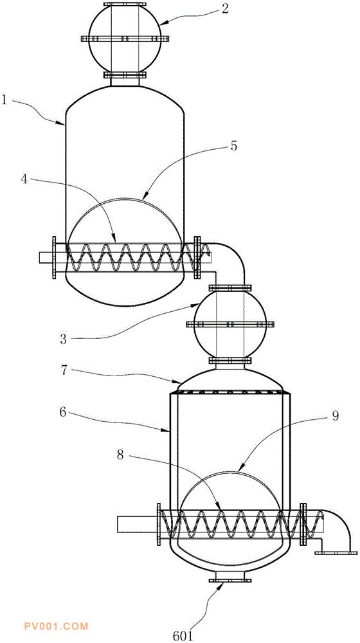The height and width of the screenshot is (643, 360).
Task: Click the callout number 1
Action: pos(5,99)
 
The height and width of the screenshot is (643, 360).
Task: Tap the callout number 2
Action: pos(225,9)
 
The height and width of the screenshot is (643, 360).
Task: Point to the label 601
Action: pos(183,636)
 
